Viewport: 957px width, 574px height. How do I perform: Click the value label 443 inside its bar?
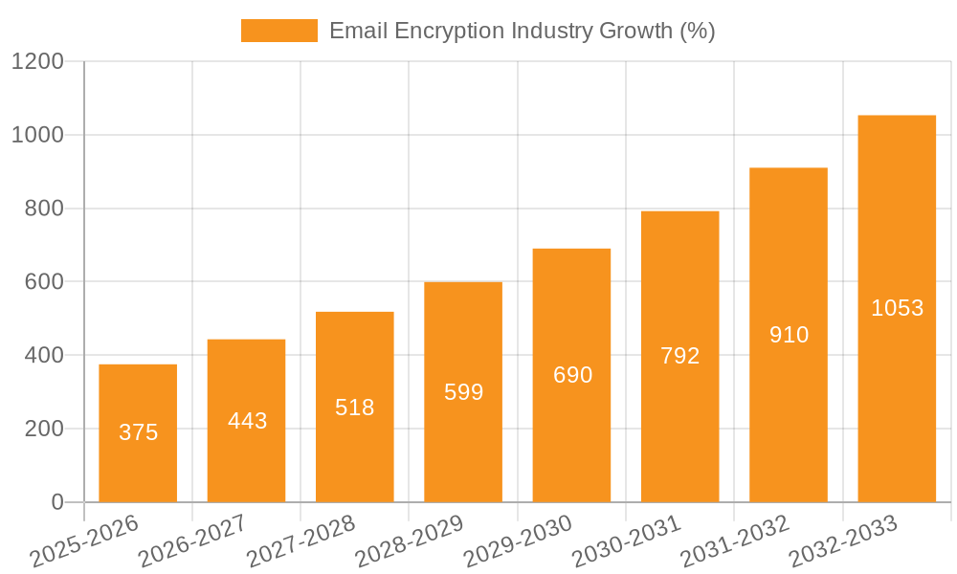click(x=247, y=421)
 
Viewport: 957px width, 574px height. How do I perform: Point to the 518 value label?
click(x=355, y=408)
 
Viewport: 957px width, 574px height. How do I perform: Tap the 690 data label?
click(x=572, y=375)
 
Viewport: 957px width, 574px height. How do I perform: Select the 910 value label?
click(x=789, y=335)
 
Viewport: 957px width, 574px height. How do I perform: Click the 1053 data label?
click(x=897, y=308)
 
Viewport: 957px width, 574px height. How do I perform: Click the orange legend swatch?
click(x=278, y=31)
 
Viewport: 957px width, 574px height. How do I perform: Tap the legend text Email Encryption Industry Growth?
click(x=522, y=31)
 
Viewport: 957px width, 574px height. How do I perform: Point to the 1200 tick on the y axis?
click(x=37, y=62)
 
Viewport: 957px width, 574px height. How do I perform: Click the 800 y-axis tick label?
click(x=43, y=209)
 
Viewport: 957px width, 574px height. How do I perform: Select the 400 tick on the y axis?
click(x=43, y=356)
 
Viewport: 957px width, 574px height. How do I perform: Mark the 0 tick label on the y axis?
click(x=56, y=502)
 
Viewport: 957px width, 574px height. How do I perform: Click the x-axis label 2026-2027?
click(x=192, y=541)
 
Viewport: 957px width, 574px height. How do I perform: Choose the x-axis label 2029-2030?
click(x=518, y=541)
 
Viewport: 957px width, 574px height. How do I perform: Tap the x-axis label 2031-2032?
click(x=735, y=541)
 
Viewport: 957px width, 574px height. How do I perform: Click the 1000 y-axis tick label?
click(x=37, y=135)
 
